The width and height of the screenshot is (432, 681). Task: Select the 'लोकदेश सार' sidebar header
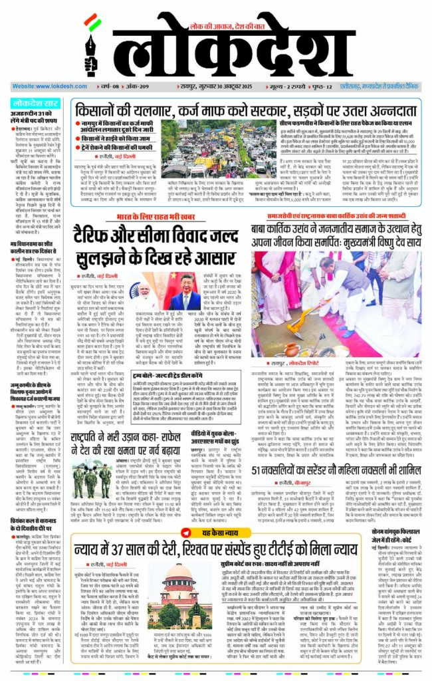point(37,104)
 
